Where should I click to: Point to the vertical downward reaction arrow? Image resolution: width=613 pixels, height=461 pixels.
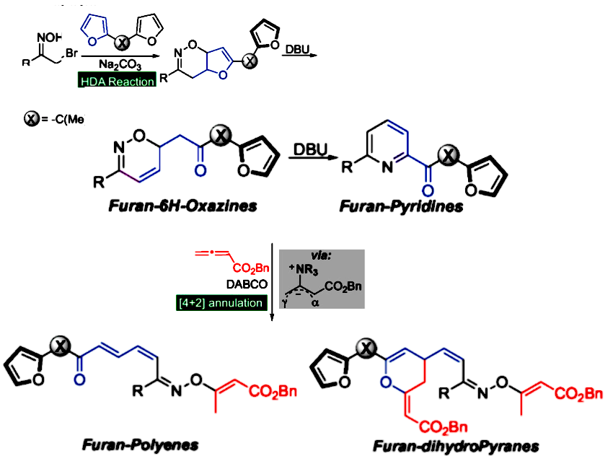(x=270, y=281)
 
